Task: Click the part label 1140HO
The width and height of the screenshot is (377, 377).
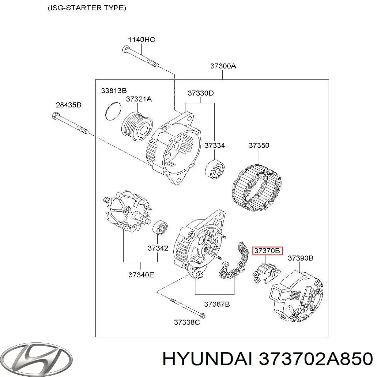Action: pos(141,40)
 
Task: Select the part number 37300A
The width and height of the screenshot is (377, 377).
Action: pos(223,66)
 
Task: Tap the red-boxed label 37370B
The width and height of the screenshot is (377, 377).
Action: pos(267,251)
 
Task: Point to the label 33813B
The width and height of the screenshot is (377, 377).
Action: pos(113,91)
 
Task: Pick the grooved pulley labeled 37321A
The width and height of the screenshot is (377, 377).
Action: pos(137,126)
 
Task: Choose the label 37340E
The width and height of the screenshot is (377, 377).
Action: pos(141,275)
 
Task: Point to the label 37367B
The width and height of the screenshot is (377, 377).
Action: pos(217,304)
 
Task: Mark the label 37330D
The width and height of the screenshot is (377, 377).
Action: pos(201,93)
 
